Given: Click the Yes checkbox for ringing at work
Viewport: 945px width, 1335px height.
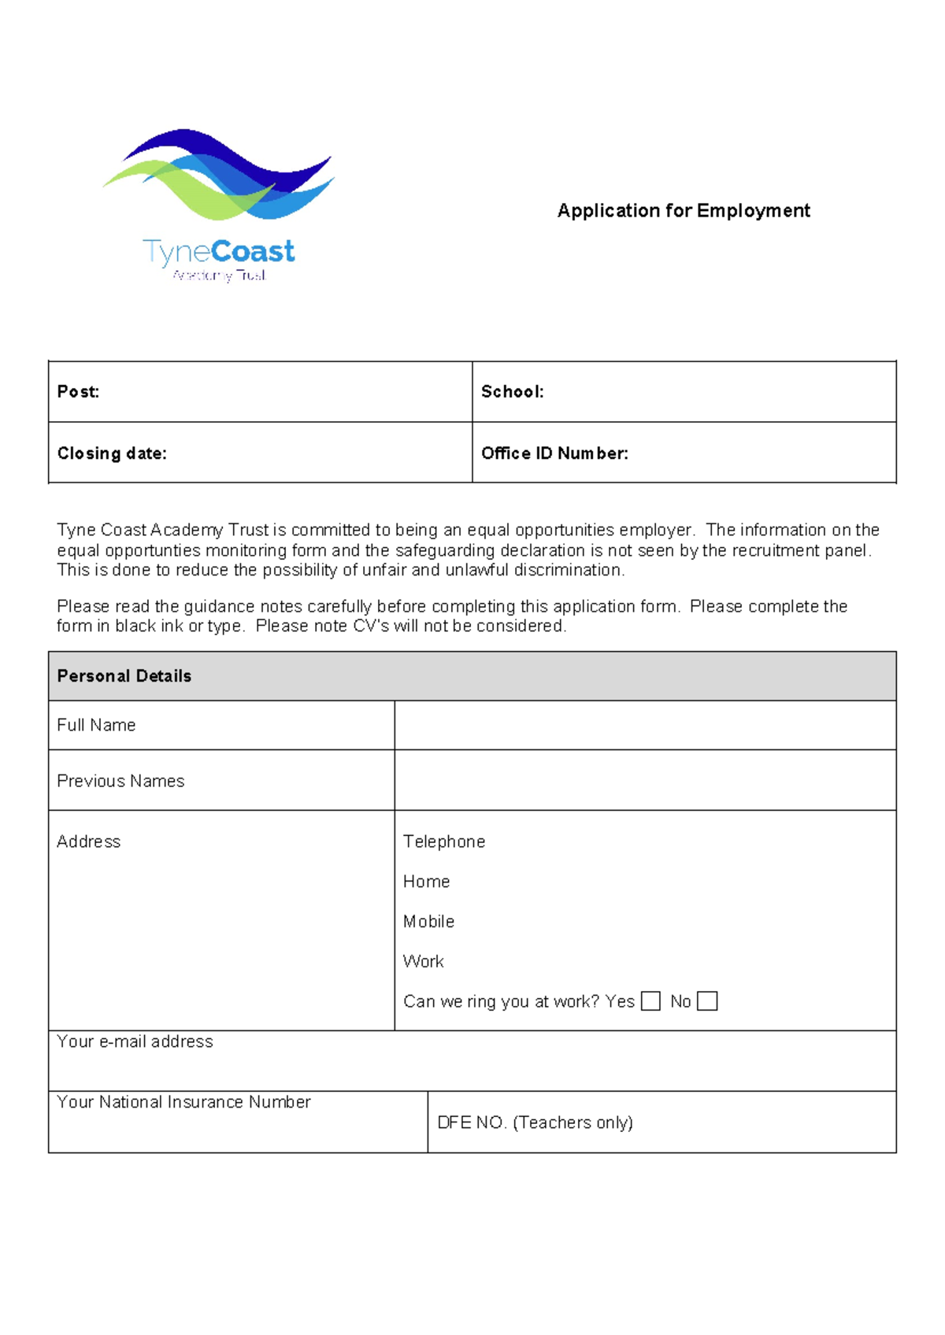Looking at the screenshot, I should click(650, 1000).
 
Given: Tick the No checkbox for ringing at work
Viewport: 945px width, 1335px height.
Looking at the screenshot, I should click(707, 1000).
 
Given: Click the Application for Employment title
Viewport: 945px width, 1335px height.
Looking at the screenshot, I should click(684, 211).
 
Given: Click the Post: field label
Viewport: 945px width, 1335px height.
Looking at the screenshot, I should click(78, 392).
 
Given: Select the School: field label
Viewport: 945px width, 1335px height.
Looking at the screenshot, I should click(512, 392).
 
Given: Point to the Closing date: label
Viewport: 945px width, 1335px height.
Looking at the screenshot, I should click(112, 453).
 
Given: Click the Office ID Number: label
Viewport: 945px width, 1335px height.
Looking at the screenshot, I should click(554, 453).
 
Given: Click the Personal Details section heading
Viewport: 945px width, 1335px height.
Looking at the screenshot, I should click(124, 676).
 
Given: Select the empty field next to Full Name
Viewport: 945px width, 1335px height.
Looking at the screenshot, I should click(644, 725).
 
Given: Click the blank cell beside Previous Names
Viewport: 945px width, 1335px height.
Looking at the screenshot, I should click(644, 780).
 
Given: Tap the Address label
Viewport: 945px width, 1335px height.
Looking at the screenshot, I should click(88, 841).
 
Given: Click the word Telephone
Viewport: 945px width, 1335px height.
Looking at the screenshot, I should click(444, 841).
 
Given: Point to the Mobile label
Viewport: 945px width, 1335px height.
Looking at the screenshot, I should click(428, 922).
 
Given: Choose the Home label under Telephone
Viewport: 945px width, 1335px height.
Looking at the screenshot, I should click(426, 882).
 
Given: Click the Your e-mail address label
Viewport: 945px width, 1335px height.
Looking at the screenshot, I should click(135, 1041).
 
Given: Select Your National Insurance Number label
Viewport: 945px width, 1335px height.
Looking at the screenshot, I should click(183, 1102).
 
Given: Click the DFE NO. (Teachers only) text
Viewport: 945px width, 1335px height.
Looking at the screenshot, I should click(535, 1122).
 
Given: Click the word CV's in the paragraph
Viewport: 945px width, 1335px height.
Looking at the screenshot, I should click(371, 627).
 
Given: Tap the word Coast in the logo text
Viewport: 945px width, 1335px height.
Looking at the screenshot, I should click(253, 252).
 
